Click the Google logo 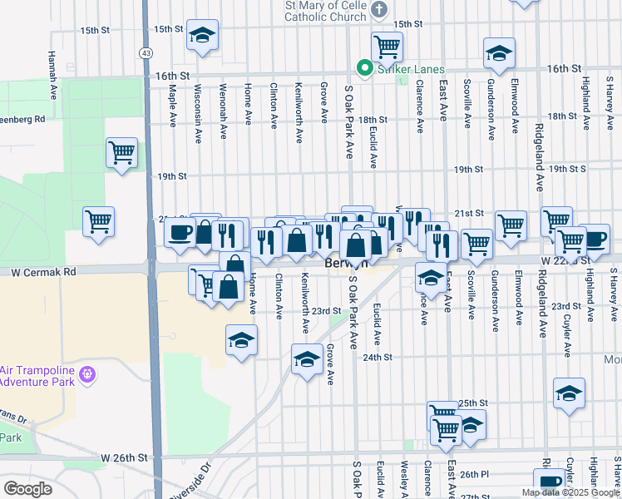pyautogui.click(x=27, y=489)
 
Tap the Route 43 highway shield pyautogui.click(x=146, y=52)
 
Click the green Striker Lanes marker pyautogui.click(x=363, y=69)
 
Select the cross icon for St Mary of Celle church pyautogui.click(x=379, y=10)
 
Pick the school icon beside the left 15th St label pyautogui.click(x=202, y=35)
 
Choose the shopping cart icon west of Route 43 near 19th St pyautogui.click(x=121, y=152)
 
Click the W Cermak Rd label pyautogui.click(x=43, y=272)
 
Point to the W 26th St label pyautogui.click(x=124, y=457)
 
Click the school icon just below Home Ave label pyautogui.click(x=242, y=340)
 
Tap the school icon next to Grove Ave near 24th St pyautogui.click(x=307, y=358)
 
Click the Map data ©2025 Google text pyautogui.click(x=570, y=492)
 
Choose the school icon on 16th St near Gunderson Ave pyautogui.click(x=499, y=54)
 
